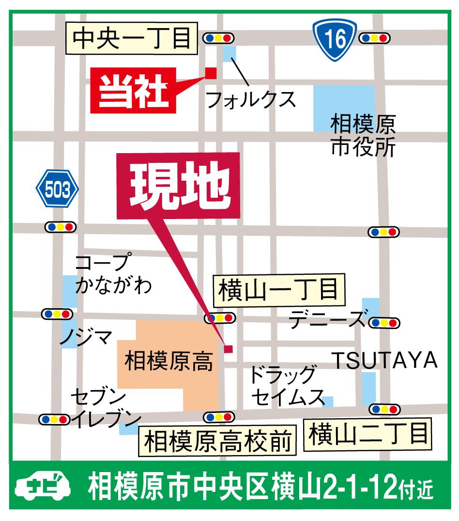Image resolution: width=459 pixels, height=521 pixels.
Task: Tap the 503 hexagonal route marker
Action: click(x=57, y=189)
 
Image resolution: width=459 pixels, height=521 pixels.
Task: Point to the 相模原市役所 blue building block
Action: click(x=344, y=108)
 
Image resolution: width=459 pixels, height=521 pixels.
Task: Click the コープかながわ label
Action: click(x=113, y=274)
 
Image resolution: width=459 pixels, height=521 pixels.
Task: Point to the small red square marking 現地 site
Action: click(x=228, y=348)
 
